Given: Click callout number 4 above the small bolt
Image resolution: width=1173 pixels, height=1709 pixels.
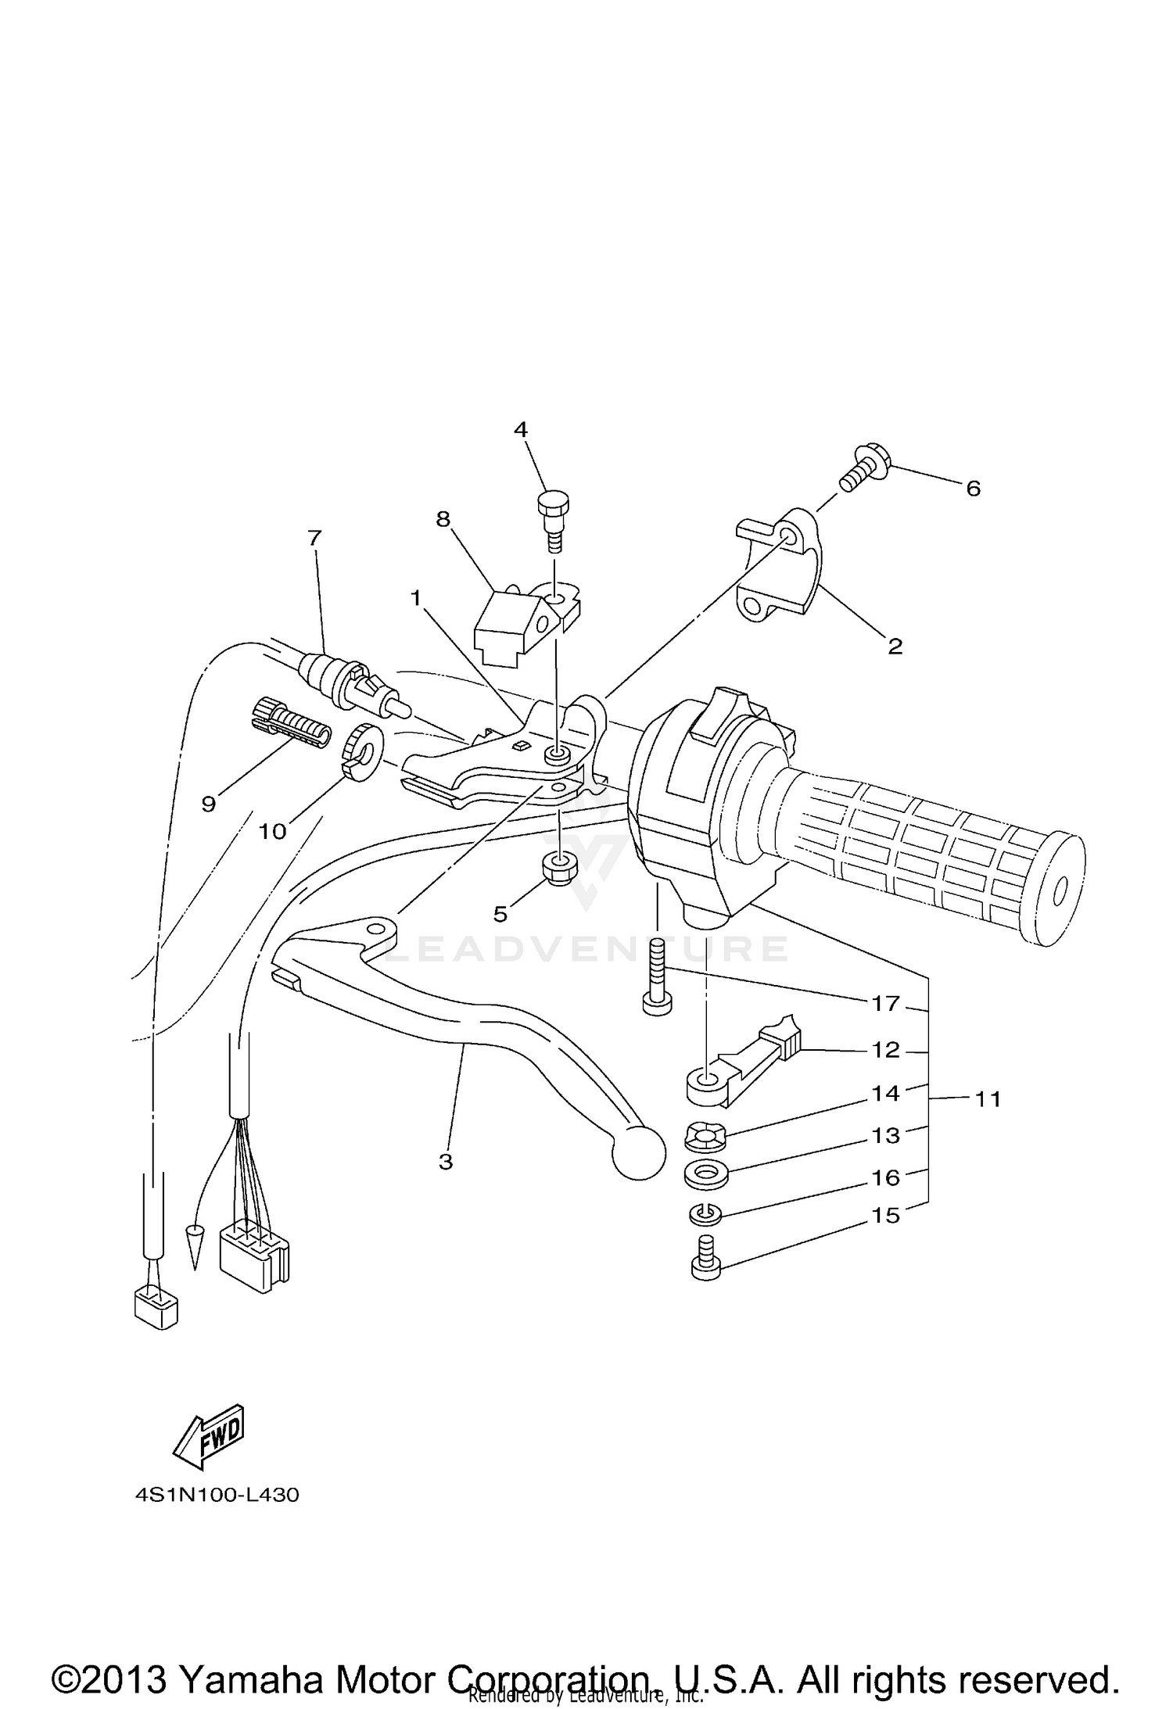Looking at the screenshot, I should coord(520,429).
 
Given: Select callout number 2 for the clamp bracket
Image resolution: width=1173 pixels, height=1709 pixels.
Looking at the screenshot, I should coord(895,646).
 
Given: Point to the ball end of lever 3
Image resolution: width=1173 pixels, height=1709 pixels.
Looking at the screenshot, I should coord(637,1152).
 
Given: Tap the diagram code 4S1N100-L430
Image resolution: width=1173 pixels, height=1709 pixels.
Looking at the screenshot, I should coord(217,1496).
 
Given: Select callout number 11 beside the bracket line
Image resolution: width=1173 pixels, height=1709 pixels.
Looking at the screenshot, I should coord(988,1099).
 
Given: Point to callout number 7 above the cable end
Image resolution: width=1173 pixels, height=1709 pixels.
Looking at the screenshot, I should coord(314,538).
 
